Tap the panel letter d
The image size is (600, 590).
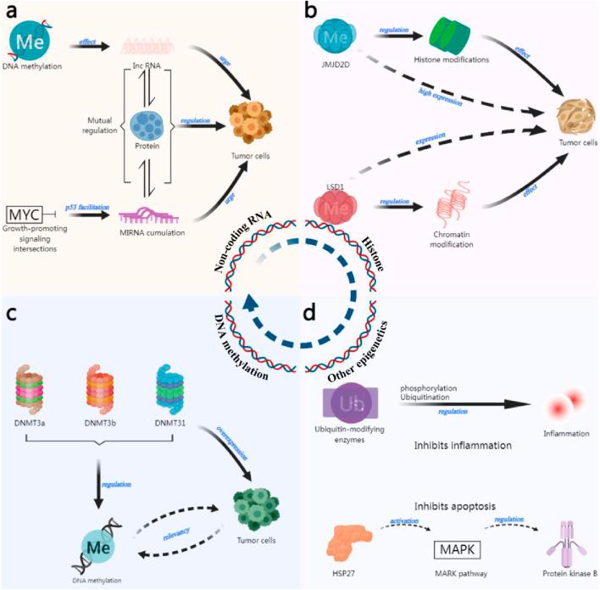(x=311, y=311)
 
